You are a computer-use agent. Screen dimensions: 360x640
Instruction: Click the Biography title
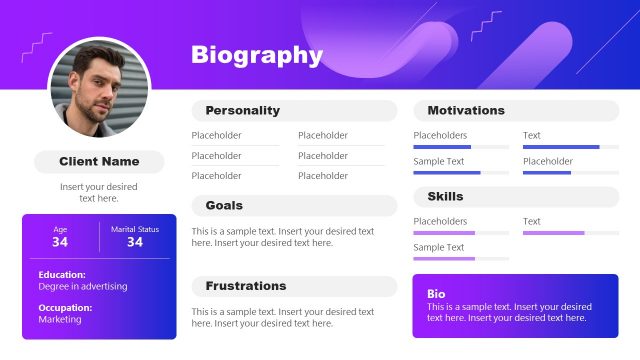[x=257, y=55]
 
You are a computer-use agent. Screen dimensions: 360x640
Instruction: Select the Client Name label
[x=99, y=161]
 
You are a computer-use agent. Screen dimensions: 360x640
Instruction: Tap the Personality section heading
[x=243, y=110]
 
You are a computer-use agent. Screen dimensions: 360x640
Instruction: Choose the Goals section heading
[x=224, y=205]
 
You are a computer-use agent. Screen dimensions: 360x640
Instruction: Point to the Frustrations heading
[x=246, y=286]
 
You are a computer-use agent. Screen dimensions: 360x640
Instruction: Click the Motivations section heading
[x=466, y=110]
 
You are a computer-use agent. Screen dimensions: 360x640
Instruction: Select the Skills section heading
[x=445, y=196]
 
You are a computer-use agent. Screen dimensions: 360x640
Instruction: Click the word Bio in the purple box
[x=436, y=294]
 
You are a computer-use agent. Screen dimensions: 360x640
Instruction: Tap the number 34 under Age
[x=60, y=242]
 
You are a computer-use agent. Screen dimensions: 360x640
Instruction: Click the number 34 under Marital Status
[x=135, y=242]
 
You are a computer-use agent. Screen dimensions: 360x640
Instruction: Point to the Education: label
[x=62, y=274]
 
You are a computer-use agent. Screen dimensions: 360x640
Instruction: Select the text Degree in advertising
[x=83, y=286]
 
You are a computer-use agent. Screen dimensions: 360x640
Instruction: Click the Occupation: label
[x=65, y=308]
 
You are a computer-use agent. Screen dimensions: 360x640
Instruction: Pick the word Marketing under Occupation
[x=60, y=320]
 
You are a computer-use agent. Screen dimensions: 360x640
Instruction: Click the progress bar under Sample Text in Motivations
[x=461, y=172]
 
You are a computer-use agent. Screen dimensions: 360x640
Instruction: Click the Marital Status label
[x=135, y=229]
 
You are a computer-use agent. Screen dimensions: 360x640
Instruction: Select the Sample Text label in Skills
[x=439, y=247]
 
